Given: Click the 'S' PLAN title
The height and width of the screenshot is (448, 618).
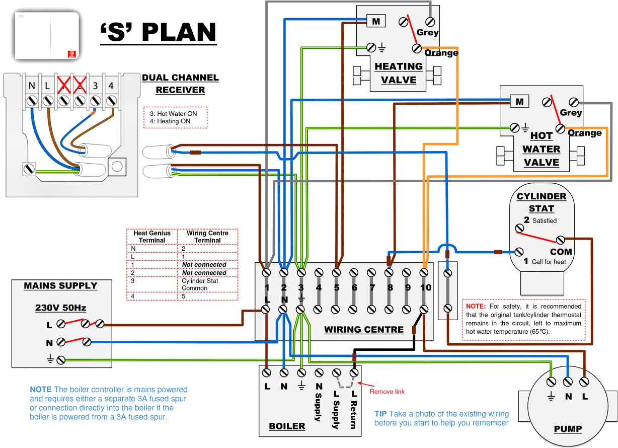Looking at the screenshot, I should [158, 32].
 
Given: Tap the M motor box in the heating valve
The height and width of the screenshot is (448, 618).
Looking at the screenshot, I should [375, 21].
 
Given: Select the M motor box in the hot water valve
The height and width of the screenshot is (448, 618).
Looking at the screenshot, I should [519, 101].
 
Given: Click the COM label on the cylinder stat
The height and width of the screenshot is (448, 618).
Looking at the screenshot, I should [561, 251].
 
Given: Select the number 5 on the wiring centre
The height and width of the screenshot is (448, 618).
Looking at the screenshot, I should [337, 288].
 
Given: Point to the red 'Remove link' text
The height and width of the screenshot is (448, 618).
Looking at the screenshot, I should [387, 392].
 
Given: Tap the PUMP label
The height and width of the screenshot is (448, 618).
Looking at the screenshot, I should [568, 429].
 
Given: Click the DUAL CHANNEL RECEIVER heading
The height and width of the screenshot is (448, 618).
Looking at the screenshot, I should [180, 84].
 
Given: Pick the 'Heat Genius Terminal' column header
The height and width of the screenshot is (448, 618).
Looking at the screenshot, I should [152, 237].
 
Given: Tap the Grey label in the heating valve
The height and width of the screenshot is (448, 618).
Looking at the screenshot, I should [427, 33].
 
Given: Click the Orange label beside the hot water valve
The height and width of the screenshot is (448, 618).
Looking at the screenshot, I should [585, 133].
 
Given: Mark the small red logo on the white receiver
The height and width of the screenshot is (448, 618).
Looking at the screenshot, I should [70, 52].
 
